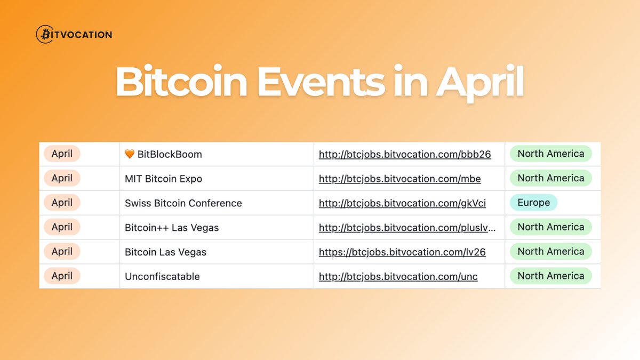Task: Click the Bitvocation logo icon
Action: (x=44, y=35)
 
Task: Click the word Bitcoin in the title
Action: (x=181, y=82)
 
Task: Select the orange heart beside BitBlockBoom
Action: (x=130, y=155)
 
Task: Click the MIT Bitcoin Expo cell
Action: (x=163, y=179)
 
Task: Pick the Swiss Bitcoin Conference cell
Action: (x=183, y=203)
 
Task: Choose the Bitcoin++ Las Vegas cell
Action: (x=172, y=228)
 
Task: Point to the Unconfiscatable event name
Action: (x=162, y=276)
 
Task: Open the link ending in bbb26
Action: (x=404, y=155)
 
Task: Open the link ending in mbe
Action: (x=399, y=179)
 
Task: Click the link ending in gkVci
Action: (x=402, y=203)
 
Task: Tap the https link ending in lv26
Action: (x=402, y=252)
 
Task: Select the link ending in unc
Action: (x=398, y=276)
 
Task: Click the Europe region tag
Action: (x=533, y=203)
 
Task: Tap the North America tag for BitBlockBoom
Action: (x=550, y=154)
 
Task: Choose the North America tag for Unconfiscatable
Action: (x=550, y=276)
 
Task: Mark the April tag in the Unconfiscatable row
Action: (x=62, y=276)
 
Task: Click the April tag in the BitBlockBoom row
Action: (x=62, y=154)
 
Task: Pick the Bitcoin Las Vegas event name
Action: (x=165, y=252)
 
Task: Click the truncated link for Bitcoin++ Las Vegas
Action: (x=407, y=228)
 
